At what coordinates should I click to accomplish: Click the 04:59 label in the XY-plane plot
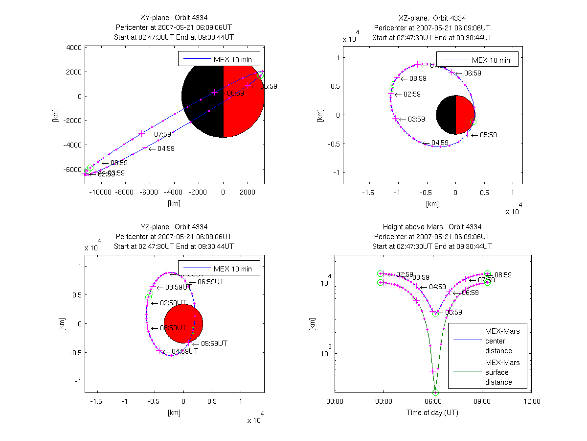point(166,148)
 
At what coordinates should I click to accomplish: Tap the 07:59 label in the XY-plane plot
point(163,134)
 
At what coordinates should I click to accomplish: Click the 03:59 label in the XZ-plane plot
point(416,119)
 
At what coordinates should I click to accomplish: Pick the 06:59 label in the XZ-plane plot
point(473,73)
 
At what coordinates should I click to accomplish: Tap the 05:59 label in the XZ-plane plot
point(488,135)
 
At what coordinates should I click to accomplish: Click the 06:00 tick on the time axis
point(433,401)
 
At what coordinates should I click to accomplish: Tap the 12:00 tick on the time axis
point(532,401)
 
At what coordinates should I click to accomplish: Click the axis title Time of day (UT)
point(432,413)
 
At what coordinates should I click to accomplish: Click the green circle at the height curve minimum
point(435,392)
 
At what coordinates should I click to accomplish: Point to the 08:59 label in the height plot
point(503,275)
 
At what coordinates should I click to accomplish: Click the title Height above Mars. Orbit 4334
point(432,227)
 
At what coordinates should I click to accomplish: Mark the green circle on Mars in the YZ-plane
point(193,331)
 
